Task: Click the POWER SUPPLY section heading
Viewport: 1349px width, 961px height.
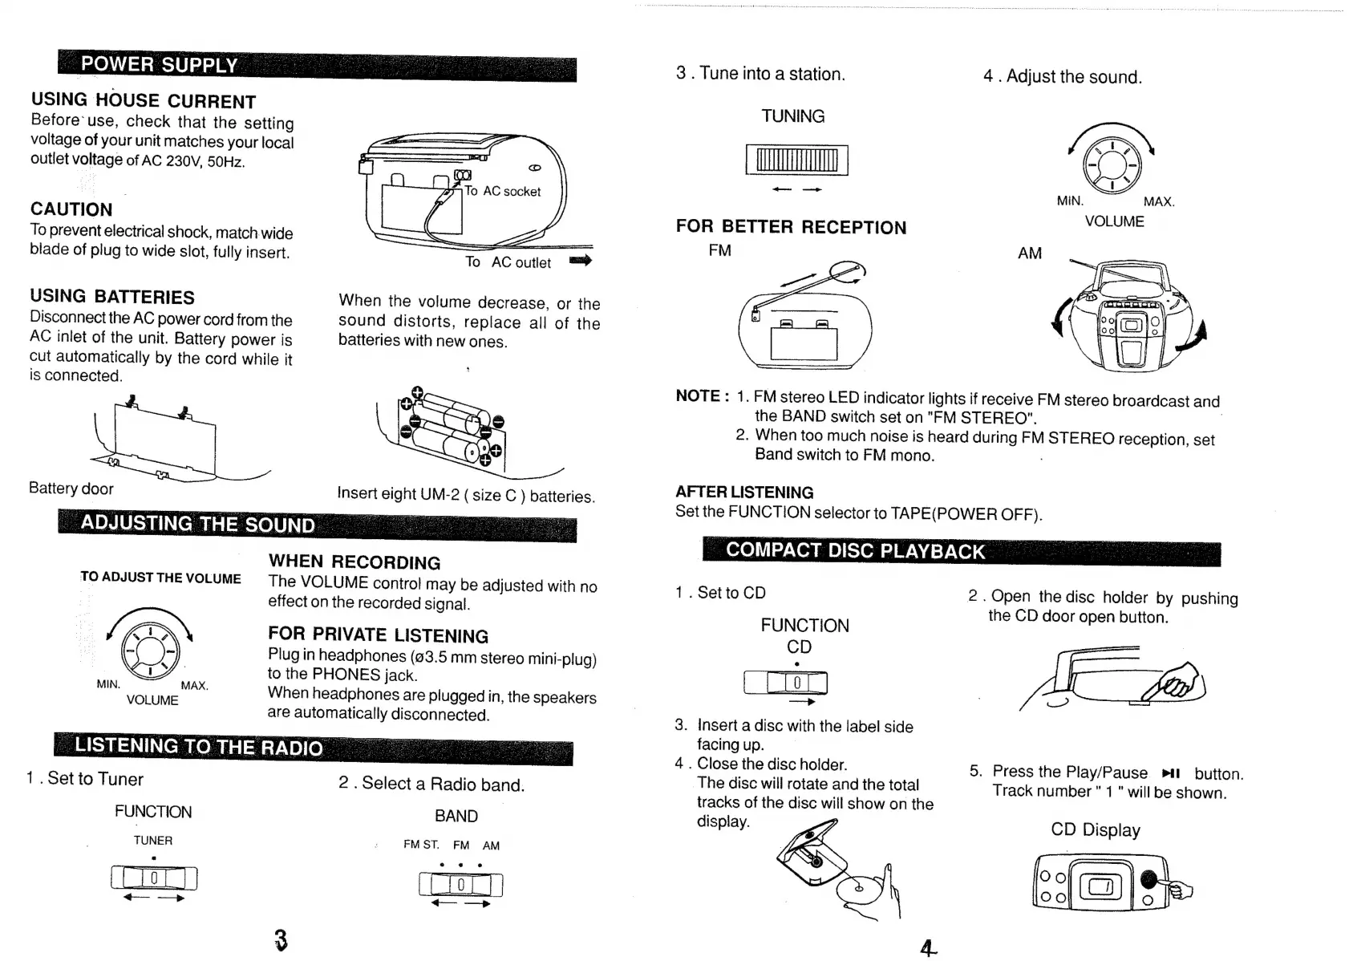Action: tap(159, 64)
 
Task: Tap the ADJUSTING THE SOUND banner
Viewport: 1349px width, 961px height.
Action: tap(197, 524)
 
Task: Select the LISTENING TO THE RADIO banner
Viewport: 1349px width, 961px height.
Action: tap(198, 747)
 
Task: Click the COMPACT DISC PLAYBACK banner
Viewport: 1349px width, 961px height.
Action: tap(854, 550)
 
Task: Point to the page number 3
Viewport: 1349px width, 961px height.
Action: tap(280, 939)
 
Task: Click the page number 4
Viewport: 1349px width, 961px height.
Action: tap(927, 948)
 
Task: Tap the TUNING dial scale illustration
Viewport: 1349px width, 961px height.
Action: tap(796, 160)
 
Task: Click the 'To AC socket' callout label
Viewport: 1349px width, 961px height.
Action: tap(503, 191)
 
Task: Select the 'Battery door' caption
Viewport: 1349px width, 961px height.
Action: tap(71, 489)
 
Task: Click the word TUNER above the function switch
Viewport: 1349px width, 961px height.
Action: tap(152, 841)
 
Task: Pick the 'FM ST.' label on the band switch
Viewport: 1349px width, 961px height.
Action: tap(421, 845)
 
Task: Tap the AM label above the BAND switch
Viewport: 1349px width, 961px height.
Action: tap(491, 845)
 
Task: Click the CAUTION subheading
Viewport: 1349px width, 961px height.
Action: tap(71, 209)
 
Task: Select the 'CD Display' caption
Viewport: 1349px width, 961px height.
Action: tap(1095, 829)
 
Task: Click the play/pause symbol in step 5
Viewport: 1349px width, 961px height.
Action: tap(1170, 773)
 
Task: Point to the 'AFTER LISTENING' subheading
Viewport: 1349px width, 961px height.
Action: tap(743, 493)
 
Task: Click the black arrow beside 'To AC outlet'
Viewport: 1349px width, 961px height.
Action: tap(580, 261)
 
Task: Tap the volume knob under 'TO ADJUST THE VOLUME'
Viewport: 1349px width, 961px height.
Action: tap(149, 650)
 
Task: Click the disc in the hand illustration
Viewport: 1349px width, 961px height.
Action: tap(857, 889)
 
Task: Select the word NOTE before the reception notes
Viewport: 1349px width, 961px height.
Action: tap(698, 395)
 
